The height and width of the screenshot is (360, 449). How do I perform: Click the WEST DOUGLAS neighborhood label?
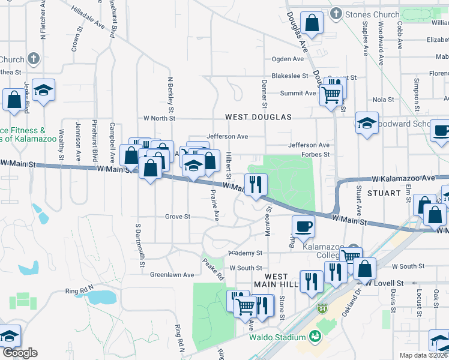258,117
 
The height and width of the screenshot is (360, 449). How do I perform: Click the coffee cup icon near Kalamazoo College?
303,227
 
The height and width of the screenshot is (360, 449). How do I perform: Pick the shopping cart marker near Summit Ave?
331,94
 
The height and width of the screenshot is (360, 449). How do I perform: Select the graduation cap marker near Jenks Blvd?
43,90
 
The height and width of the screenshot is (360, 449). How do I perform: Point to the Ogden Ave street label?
288,59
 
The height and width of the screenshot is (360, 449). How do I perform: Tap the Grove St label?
178,217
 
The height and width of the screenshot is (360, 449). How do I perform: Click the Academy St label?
246,253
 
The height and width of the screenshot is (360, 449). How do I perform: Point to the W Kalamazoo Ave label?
402,179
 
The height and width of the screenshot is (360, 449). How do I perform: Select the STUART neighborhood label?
384,193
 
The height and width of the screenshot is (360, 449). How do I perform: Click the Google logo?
19,353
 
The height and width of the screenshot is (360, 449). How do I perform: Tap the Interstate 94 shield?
322,308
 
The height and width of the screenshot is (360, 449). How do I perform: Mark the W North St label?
158,118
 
